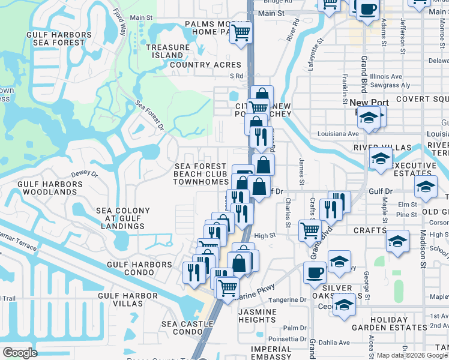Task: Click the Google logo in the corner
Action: coord(20,353)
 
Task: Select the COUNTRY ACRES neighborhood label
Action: coord(205,65)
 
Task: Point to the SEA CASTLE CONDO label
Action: coord(187,328)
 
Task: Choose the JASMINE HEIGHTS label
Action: coord(258,316)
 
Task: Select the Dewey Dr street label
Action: coord(84,174)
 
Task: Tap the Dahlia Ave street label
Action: coord(333,343)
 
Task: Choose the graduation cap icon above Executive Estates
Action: coord(381,160)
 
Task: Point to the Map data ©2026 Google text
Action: coord(412,355)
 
